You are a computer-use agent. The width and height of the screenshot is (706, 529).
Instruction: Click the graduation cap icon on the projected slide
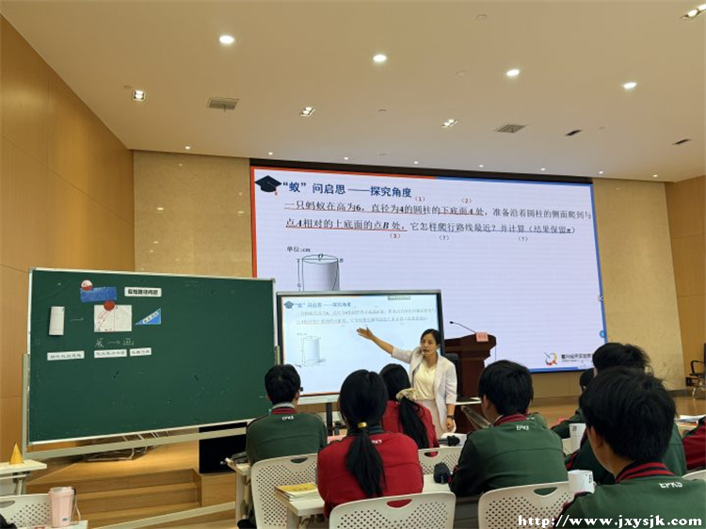click(268, 184)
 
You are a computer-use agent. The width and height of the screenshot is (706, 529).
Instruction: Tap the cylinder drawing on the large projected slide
click(319, 272)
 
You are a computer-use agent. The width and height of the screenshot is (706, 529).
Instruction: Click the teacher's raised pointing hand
click(362, 332)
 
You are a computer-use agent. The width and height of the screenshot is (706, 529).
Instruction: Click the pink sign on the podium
click(482, 336)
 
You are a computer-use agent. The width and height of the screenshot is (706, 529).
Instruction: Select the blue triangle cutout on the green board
click(148, 317)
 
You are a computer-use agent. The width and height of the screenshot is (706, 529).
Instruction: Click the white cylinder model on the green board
click(56, 320)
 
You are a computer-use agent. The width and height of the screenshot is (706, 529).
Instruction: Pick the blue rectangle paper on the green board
click(98, 294)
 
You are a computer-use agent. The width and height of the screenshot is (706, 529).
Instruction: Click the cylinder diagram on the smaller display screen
click(311, 350)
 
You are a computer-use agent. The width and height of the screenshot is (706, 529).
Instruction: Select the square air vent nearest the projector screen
click(509, 128)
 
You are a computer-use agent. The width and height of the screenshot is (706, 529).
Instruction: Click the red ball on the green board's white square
click(109, 306)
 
